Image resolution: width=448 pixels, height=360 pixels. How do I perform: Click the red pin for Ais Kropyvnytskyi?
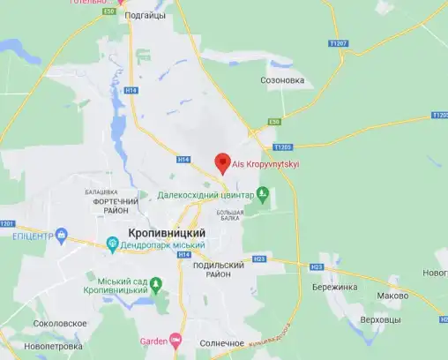223,161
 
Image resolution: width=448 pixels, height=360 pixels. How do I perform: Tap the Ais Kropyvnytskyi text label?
265,164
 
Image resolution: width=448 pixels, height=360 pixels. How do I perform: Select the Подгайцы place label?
145,15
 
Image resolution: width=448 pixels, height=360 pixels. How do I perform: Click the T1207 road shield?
338,43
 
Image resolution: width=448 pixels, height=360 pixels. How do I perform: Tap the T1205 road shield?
282,147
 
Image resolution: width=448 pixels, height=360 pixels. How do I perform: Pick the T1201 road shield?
8,223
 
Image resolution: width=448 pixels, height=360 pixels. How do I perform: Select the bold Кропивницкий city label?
167,232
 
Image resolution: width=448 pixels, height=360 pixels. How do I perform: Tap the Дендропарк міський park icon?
113,244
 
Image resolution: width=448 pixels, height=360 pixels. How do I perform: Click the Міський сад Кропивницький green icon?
156,284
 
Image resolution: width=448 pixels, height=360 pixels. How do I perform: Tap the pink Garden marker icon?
175,341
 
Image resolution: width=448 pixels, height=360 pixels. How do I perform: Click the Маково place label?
392,296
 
